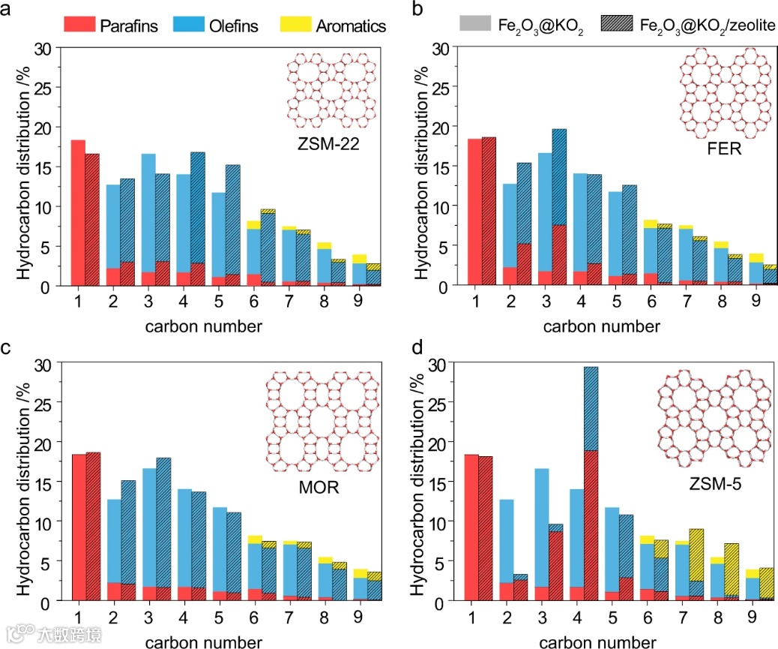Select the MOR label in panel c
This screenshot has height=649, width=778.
318,488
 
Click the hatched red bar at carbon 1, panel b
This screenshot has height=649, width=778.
489,211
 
